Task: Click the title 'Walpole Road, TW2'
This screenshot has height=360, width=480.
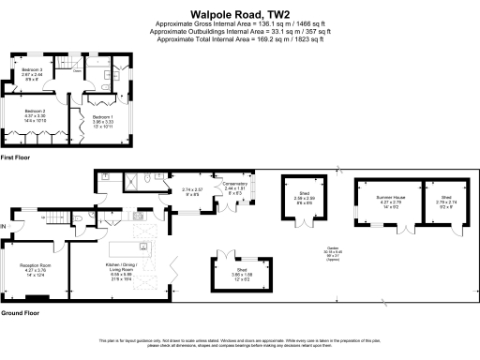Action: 239,15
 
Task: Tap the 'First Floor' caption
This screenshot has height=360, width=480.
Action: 16,160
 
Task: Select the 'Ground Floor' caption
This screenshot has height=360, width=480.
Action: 20,311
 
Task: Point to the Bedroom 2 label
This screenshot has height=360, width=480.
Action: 35,117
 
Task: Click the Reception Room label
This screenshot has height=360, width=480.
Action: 36,270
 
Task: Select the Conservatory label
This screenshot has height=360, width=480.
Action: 235,187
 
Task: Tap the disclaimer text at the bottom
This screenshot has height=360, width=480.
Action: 240,341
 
